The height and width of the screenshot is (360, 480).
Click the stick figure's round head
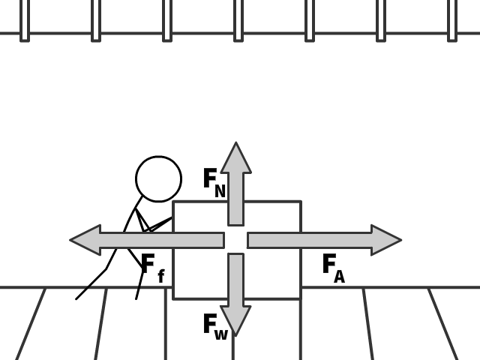(158, 179)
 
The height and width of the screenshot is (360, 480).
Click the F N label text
(214, 182)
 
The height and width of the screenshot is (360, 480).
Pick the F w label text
(214, 327)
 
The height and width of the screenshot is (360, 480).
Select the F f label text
(151, 268)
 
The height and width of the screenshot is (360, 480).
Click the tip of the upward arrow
(235, 145)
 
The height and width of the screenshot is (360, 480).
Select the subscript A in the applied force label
(339, 277)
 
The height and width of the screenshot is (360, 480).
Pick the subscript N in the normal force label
(220, 191)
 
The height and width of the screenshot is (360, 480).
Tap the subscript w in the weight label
(220, 335)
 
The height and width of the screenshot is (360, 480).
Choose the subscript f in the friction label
(160, 277)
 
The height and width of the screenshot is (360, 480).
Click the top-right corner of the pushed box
(301, 202)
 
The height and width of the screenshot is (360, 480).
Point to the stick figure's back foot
(77, 298)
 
